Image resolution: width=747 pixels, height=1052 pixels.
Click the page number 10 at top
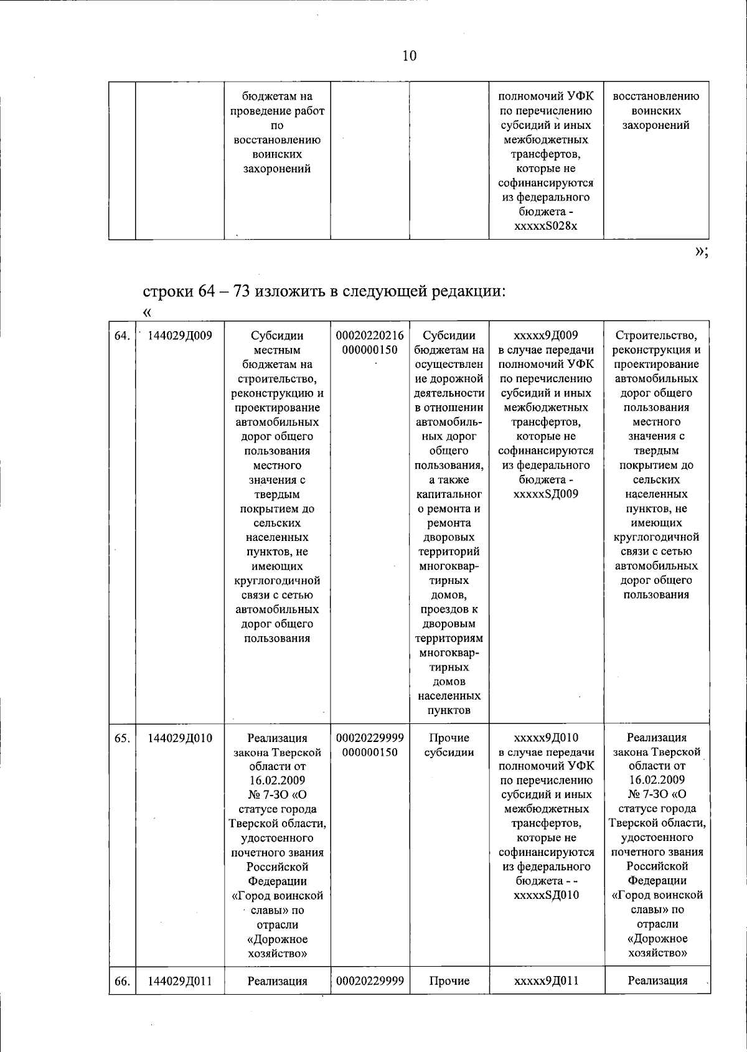coord(409,56)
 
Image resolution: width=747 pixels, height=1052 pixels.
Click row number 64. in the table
coord(122,336)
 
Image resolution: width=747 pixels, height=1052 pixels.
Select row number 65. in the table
coord(122,738)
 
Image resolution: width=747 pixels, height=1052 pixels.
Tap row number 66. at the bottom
coord(122,981)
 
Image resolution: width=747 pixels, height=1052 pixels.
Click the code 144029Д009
coord(181,336)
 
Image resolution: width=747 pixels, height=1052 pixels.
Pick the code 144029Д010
coord(181,738)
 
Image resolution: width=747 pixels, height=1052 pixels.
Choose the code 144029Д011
coord(181,981)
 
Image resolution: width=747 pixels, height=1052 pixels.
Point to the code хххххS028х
coord(546,226)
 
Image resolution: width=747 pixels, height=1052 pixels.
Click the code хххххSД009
coord(546,494)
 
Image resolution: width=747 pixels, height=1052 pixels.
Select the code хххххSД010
coord(546,895)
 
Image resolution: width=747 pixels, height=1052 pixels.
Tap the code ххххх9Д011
coord(546,981)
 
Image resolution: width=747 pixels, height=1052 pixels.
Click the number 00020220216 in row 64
coord(370,336)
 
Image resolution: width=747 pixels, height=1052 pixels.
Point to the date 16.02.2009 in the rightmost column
coord(657,780)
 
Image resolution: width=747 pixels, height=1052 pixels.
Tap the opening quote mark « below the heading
coord(148,311)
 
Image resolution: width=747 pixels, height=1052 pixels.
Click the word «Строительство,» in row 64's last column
coord(657,336)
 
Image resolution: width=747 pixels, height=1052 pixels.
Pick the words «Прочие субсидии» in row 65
coord(449,745)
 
